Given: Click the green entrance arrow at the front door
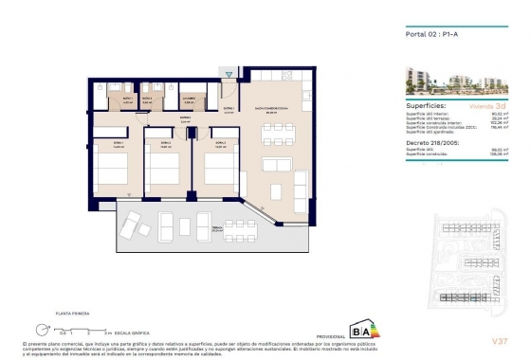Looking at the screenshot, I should pos(229,73).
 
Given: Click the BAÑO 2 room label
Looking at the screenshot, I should pos(147,99).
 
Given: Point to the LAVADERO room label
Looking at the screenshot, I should pos(189,99).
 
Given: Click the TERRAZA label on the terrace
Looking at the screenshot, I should pos(216,228).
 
